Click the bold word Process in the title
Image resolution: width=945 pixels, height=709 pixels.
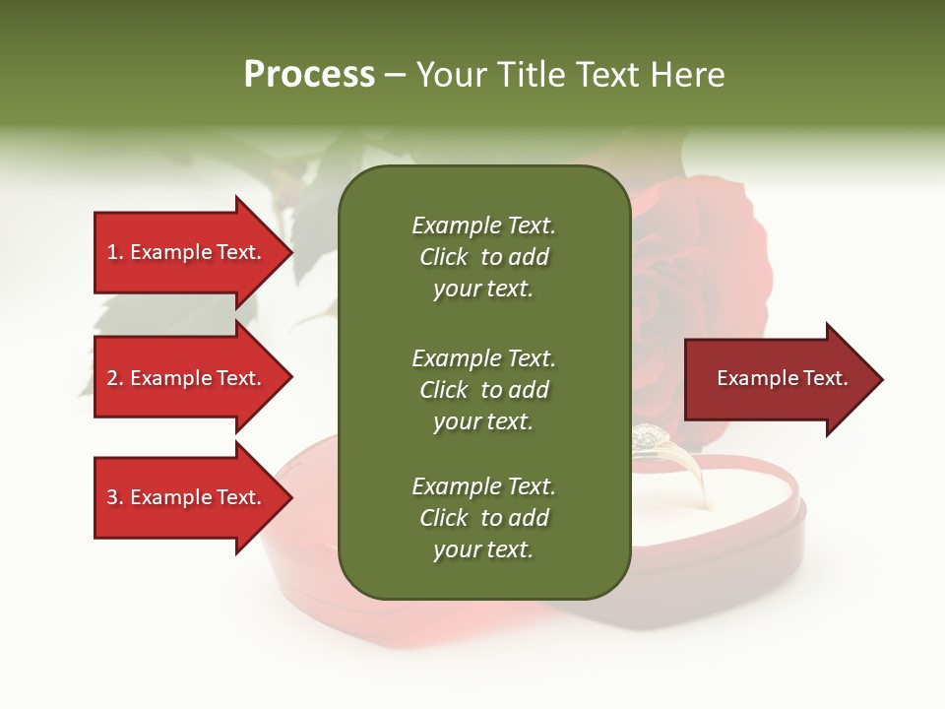point(309,75)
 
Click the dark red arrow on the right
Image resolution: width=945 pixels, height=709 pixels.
point(778,379)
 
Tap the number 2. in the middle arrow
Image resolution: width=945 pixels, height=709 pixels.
point(114,378)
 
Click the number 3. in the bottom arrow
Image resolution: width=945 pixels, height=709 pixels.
point(114,497)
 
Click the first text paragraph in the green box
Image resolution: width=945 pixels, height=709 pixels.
point(483,257)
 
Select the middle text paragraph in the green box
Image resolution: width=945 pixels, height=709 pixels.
point(483,389)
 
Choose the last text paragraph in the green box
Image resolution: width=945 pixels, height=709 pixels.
point(483,518)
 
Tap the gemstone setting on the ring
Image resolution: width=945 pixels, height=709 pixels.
point(648,435)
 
